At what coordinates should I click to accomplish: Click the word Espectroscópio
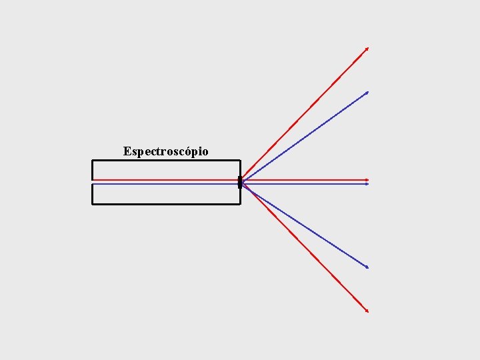(x=165, y=151)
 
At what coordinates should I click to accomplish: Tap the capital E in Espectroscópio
(x=127, y=151)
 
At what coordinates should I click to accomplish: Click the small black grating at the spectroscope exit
(x=239, y=182)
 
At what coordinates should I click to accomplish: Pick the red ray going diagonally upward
(x=305, y=113)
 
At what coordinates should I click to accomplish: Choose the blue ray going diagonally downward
(x=305, y=225)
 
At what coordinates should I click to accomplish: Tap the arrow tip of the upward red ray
(x=367, y=49)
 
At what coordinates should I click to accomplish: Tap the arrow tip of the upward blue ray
(x=367, y=93)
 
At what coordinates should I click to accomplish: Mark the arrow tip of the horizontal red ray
(x=367, y=180)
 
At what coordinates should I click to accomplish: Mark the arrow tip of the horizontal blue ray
(x=367, y=184)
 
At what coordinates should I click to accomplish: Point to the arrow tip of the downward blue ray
(x=367, y=267)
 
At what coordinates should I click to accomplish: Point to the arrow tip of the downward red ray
(x=367, y=311)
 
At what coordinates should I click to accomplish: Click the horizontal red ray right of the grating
(x=305, y=180)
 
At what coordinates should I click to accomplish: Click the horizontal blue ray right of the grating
(x=305, y=184)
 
